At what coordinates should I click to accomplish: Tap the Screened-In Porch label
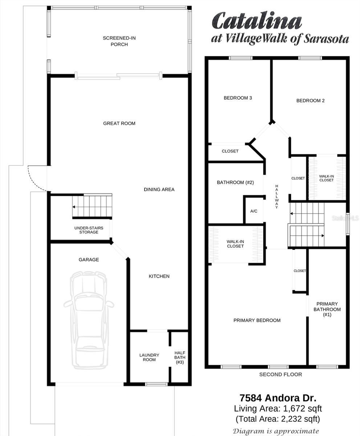click(119, 41)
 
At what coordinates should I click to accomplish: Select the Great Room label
click(119, 124)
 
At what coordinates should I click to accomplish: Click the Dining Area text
click(159, 189)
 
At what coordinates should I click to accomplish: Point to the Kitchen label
click(159, 276)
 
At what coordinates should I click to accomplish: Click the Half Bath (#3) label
click(180, 358)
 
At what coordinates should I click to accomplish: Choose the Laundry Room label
click(149, 357)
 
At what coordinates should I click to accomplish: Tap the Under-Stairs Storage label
click(89, 230)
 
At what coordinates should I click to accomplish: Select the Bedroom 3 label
click(238, 98)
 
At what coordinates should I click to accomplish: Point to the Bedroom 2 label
click(311, 101)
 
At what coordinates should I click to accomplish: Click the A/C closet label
click(254, 211)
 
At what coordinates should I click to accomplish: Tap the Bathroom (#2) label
click(235, 182)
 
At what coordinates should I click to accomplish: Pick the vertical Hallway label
click(277, 197)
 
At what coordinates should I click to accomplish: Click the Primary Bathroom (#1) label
click(327, 309)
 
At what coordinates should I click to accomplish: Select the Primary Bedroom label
click(257, 320)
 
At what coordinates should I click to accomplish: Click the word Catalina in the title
click(257, 20)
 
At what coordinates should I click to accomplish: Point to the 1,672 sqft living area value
click(302, 409)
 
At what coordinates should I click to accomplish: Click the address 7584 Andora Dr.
click(278, 398)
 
